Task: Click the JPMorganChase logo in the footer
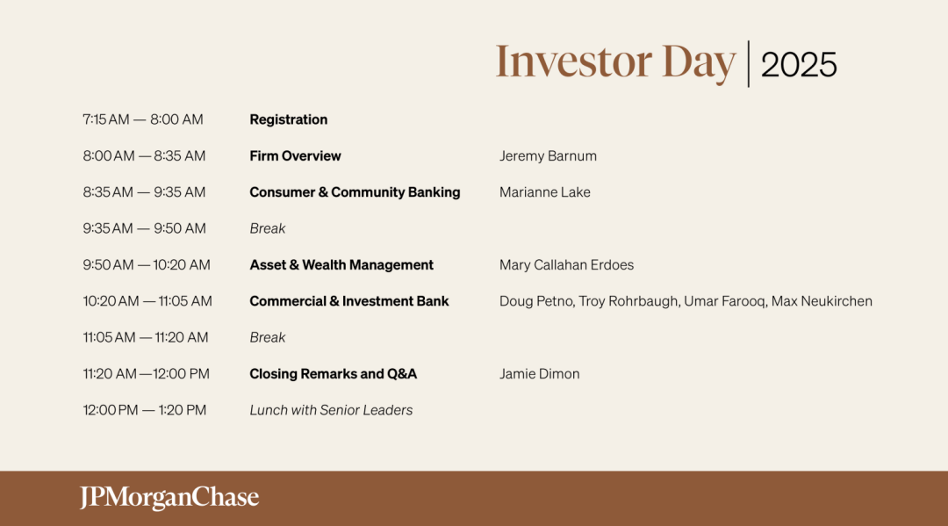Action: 169,498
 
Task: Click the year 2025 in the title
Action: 799,65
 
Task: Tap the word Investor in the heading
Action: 574,61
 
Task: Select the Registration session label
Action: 289,119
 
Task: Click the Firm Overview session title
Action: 295,156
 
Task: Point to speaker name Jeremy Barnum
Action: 548,156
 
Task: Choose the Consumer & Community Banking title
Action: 355,192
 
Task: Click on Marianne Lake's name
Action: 545,192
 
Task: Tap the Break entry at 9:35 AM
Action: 267,228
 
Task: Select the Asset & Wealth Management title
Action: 341,265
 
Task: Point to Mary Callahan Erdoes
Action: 566,265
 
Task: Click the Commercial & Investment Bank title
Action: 348,301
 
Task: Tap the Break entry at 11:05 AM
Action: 267,337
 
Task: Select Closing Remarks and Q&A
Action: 334,373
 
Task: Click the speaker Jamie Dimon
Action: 539,373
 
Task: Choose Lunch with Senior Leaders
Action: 331,410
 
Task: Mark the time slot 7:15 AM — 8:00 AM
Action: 143,119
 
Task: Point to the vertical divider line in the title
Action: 749,64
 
